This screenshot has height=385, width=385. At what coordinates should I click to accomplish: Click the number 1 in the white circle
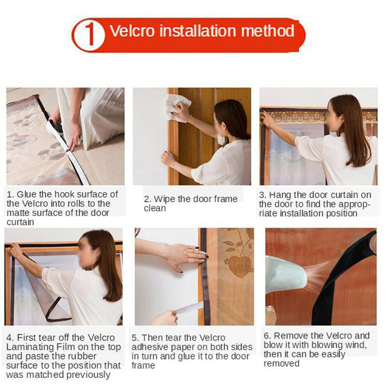90,34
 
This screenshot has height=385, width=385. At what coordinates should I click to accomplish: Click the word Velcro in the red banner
132,31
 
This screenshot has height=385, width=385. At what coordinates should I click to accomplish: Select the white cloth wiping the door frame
178,108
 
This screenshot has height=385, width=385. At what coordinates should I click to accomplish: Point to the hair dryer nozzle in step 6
286,274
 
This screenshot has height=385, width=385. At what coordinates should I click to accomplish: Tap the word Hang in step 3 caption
280,195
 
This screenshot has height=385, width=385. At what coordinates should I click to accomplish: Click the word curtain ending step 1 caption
20,222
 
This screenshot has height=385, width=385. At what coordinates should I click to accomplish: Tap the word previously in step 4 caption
88,375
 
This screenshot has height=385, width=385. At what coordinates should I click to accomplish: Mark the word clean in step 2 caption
155,208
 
